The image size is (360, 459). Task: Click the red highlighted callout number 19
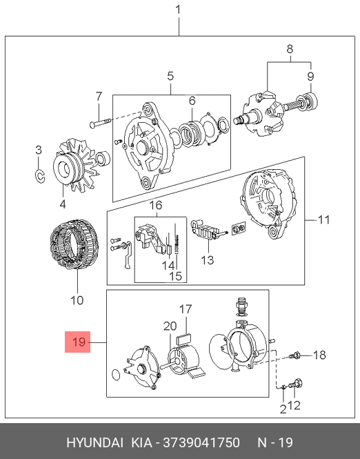pos(78,342)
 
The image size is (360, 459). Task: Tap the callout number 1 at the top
pos(179,10)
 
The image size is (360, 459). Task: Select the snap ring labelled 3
pos(39,176)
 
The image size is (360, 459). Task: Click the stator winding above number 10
pos(74,245)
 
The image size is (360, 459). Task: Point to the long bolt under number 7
pos(101,122)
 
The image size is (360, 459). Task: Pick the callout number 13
pos(208,260)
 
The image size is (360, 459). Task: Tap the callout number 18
pos(319,355)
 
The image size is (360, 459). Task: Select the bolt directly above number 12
pos(295,384)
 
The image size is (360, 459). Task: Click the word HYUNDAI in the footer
pos(94,442)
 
